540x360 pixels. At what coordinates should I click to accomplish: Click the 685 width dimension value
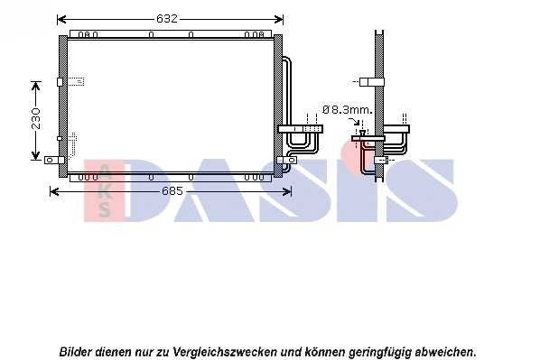pyautogui.click(x=172, y=190)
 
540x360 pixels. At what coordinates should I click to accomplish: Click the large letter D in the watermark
pyautogui.click(x=163, y=190)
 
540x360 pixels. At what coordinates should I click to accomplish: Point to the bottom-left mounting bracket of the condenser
pyautogui.click(x=51, y=162)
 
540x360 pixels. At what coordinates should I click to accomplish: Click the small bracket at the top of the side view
pyautogui.click(x=368, y=82)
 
